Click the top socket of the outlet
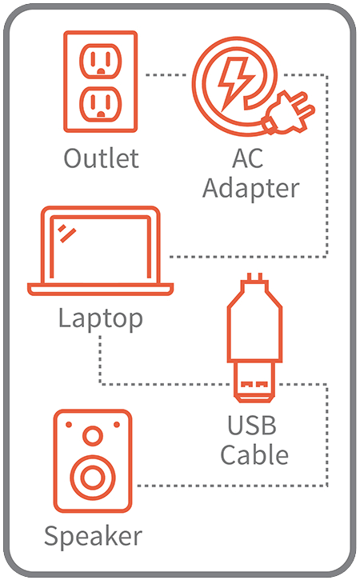point(101,61)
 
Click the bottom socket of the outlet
point(101,104)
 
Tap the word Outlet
point(101,158)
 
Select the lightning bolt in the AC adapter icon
point(235,83)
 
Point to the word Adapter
point(251,189)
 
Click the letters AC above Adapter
point(247,158)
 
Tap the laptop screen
point(101,246)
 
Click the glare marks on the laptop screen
point(67,233)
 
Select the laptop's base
point(100,290)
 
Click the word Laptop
point(101,318)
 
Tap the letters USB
point(251,426)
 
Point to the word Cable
point(254,455)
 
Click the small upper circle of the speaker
point(93,436)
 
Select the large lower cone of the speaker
point(93,477)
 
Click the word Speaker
point(94,536)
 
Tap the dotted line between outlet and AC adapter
point(166,75)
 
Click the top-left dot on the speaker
point(69,424)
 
